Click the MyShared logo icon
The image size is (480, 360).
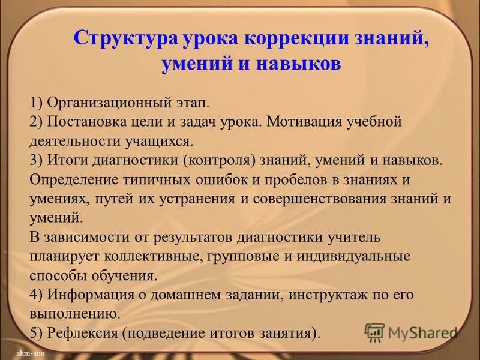[374, 332]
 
